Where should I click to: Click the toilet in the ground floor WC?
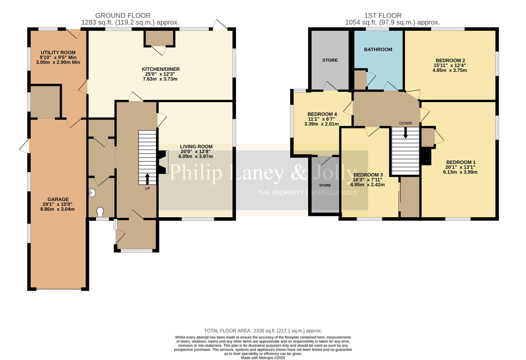(100, 212)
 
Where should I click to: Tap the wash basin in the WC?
(92, 193)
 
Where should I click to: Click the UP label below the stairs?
(147, 188)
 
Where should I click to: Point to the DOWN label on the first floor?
(405, 123)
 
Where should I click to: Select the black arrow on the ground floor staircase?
(147, 179)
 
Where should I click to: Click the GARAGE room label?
(58, 199)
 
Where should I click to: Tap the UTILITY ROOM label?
(58, 52)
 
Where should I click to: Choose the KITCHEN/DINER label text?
(161, 69)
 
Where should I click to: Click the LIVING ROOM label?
(196, 146)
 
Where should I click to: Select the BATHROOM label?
(378, 49)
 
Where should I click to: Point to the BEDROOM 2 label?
(450, 60)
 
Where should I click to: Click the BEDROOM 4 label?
(322, 114)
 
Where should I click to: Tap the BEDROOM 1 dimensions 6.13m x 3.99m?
(460, 172)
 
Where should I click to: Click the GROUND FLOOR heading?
(123, 16)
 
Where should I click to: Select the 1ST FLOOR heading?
(383, 16)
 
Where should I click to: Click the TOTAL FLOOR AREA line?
(263, 331)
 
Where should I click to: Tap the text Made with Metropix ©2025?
(263, 358)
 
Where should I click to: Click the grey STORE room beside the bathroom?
(330, 60)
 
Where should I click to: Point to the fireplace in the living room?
(163, 162)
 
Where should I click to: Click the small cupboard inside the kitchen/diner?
(160, 38)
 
